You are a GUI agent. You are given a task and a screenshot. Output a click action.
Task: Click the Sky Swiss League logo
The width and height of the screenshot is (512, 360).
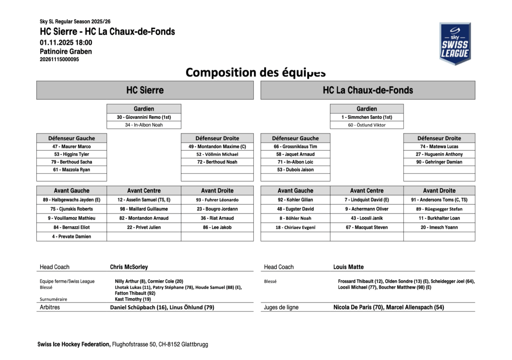(x=455, y=44)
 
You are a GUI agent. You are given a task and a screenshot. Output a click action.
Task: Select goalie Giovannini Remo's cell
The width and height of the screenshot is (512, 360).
(x=144, y=117)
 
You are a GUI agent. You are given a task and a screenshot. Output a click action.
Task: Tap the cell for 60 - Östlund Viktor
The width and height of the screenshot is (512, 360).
(x=367, y=125)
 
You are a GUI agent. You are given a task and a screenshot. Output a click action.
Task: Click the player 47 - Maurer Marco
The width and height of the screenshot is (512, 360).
(x=72, y=146)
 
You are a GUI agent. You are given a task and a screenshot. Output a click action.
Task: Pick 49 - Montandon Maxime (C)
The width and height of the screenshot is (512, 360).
(x=217, y=146)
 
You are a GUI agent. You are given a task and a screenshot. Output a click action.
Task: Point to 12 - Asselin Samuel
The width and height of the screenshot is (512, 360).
(x=144, y=200)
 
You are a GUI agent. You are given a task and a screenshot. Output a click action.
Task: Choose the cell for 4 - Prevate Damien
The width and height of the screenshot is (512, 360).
(x=72, y=237)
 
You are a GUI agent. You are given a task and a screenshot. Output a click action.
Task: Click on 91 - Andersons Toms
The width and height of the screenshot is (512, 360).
(x=439, y=200)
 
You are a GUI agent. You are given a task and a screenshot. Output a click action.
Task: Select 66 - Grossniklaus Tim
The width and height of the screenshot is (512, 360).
(x=295, y=146)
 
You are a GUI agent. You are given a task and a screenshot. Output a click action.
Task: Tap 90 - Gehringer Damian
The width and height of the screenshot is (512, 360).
(x=439, y=162)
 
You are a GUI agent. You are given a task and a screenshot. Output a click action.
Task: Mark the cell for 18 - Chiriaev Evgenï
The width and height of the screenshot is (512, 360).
(x=295, y=228)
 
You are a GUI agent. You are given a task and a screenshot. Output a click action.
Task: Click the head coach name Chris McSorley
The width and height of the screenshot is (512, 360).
(x=129, y=267)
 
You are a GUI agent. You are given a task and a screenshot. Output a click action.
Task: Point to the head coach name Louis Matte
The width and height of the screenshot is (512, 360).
(x=349, y=267)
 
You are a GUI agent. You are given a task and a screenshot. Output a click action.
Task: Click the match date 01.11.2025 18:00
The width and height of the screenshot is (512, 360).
(x=66, y=42)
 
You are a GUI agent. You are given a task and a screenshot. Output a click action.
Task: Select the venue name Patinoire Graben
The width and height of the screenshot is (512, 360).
(x=66, y=52)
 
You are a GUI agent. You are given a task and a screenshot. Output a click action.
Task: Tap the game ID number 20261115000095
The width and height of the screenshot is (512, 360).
(x=59, y=60)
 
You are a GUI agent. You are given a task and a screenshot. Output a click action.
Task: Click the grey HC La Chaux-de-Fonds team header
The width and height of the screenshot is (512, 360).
(x=367, y=90)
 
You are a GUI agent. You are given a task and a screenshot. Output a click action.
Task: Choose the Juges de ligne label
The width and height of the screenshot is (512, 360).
(x=281, y=307)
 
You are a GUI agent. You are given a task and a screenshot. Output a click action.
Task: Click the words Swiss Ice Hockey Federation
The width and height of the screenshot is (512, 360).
(x=74, y=344)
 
